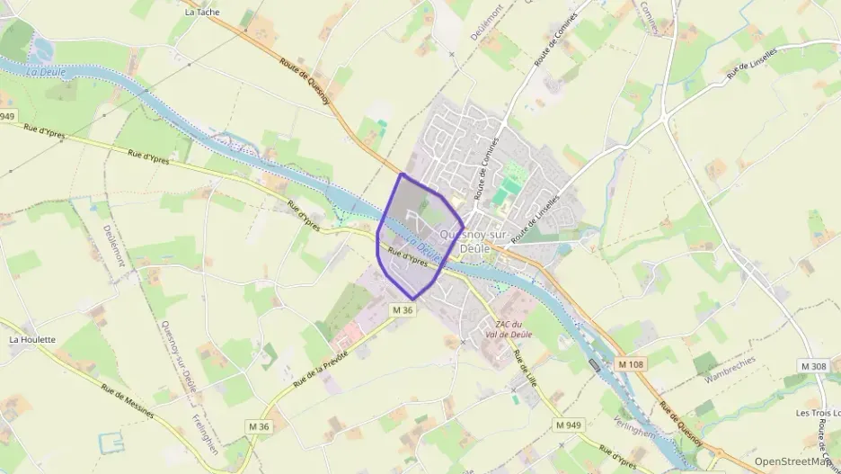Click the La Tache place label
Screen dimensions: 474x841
click(x=201, y=13)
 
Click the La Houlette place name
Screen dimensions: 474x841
click(x=32, y=340)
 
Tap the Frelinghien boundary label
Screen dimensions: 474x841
click(x=206, y=435)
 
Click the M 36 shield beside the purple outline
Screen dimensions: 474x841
click(x=403, y=309)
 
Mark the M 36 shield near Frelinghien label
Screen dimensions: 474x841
click(x=259, y=425)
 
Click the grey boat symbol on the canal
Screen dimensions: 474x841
click(x=594, y=363)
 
